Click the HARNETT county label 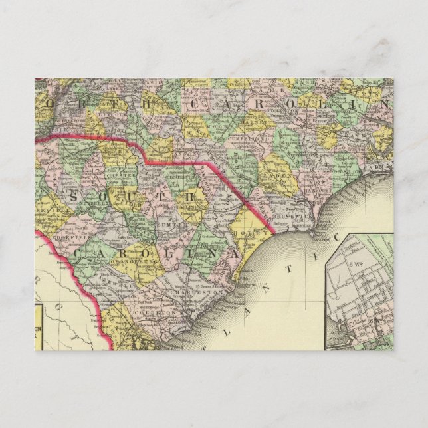257,122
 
